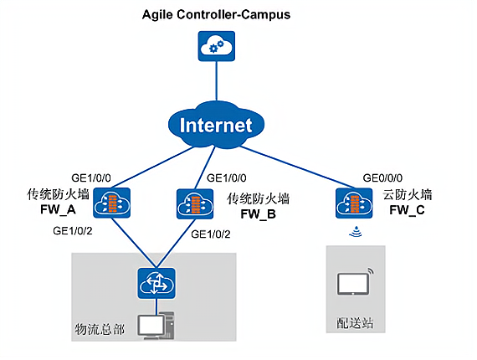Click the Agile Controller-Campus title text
pos(216,15)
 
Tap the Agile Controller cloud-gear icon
pos(217,46)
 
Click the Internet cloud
pos(216,125)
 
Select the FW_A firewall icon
pos(111,203)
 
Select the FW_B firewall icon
pos(195,204)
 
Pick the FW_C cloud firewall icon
pos(354,203)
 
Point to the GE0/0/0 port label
pos(382,178)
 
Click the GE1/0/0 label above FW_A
pos(91,178)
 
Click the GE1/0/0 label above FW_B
pos(227,178)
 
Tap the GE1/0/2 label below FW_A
pos(73,231)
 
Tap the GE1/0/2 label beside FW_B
pos(211,234)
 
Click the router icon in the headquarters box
pos(156,283)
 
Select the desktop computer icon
pos(156,327)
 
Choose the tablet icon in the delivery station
pos(356,282)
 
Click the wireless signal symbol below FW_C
pos(356,232)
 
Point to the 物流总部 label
pos(100,329)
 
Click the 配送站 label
pos(355,323)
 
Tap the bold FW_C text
pos(407,210)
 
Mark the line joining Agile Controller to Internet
pos(217,81)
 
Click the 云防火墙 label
pos(408,195)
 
